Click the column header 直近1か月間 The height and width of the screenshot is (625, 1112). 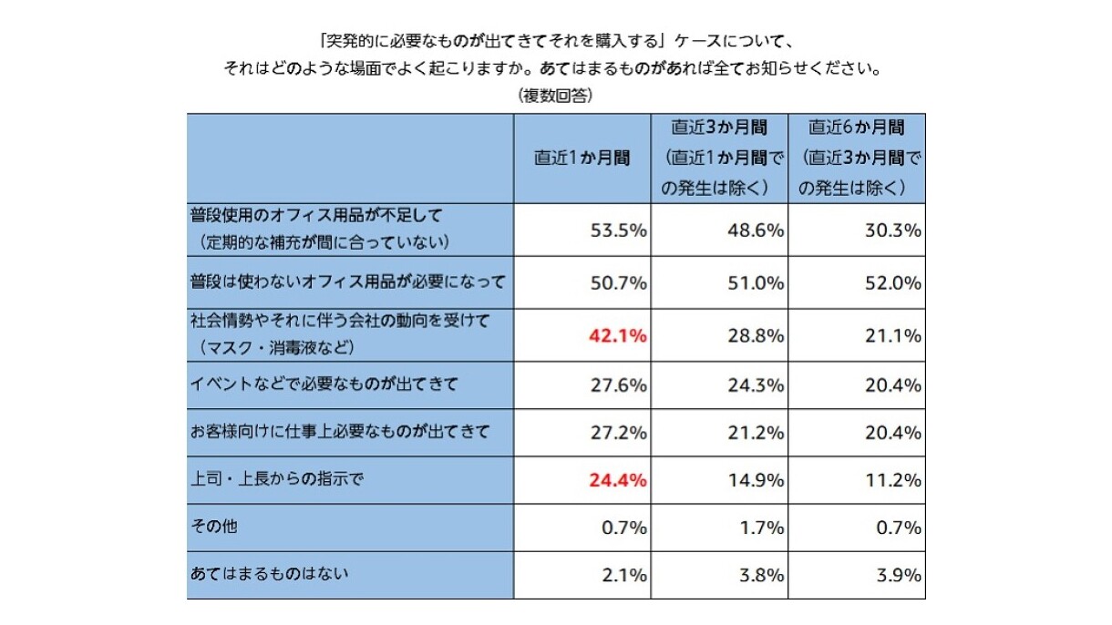[x=582, y=157]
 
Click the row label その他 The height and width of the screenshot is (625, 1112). [x=214, y=527]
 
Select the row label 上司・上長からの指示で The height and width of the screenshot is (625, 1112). [x=277, y=478]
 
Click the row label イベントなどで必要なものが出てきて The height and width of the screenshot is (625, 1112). [x=324, y=384]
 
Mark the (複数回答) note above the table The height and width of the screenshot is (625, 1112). [x=556, y=95]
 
